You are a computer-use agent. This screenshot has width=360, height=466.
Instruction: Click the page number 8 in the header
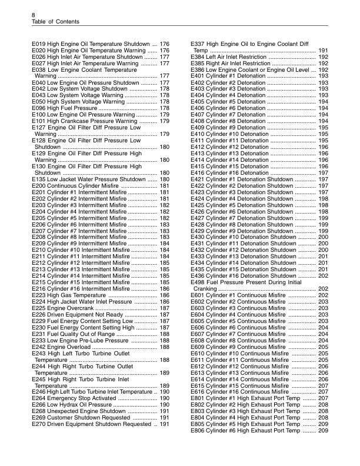(x=34, y=14)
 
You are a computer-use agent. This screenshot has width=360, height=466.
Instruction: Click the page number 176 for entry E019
(x=165, y=44)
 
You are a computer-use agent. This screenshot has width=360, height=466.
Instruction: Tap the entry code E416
(x=199, y=173)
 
